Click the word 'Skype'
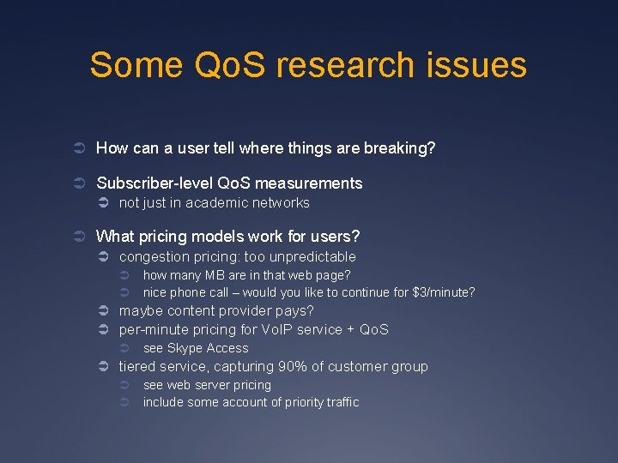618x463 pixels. pos(185,348)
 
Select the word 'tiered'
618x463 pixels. pos(137,367)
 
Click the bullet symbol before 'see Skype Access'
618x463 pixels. pos(124,348)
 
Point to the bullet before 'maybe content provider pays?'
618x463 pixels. pos(100,311)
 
